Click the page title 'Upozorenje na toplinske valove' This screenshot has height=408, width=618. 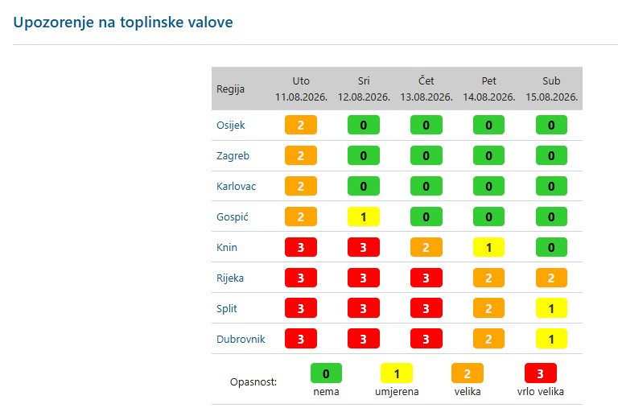[x=123, y=22]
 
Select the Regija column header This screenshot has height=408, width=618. [x=230, y=89]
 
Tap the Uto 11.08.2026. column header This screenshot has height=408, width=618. [x=301, y=89]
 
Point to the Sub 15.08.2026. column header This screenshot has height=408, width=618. [x=551, y=89]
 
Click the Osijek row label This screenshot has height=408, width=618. [x=231, y=126]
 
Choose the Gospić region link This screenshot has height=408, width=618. [x=232, y=216]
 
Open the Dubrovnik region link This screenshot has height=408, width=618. [x=241, y=339]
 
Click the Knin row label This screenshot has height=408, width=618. [x=227, y=248]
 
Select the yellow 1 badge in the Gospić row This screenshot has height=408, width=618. [x=364, y=216]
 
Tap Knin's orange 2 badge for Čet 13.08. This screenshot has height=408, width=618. [x=426, y=248]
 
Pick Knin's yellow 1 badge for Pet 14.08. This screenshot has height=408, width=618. [x=488, y=248]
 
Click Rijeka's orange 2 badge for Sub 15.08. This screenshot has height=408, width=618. [x=551, y=278]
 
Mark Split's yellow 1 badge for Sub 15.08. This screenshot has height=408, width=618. [x=551, y=308]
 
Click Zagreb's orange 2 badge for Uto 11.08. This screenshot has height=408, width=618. [x=301, y=155]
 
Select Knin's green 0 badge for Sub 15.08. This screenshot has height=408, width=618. [x=551, y=248]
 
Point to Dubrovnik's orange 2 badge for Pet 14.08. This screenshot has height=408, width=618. [x=488, y=339]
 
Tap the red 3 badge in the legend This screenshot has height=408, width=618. [x=541, y=373]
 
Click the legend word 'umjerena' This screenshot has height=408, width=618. [x=397, y=392]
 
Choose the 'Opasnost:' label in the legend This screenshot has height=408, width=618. [x=253, y=382]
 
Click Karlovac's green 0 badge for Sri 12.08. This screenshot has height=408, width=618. [x=364, y=186]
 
